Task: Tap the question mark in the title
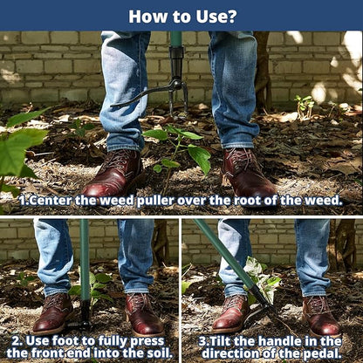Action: (x=229, y=17)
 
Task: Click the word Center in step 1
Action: (x=51, y=201)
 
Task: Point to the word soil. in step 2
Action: (x=160, y=353)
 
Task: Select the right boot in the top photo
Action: (x=248, y=173)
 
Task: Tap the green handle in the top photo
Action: (x=175, y=38)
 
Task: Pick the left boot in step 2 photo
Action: (x=53, y=313)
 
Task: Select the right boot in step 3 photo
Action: (x=320, y=316)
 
